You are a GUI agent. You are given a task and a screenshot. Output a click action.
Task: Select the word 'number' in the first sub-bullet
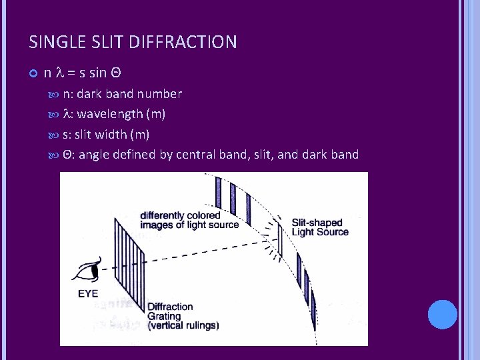pos(159,94)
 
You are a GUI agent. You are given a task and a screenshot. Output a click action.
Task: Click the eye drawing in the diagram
pos(86,272)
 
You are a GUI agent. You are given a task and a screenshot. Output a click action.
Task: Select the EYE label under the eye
pos(87,292)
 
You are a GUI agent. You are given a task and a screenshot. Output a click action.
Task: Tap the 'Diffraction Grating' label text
pos(170,311)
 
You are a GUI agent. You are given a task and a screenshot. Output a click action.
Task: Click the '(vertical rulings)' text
pos(183,326)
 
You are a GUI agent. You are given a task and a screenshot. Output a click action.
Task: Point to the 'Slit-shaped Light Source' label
pos(320,227)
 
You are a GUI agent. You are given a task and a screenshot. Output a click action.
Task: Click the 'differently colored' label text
pos(180,215)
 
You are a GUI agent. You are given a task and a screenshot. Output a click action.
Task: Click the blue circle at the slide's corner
pos(443,314)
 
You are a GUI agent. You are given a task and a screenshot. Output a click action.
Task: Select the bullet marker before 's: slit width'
pos(55,135)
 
